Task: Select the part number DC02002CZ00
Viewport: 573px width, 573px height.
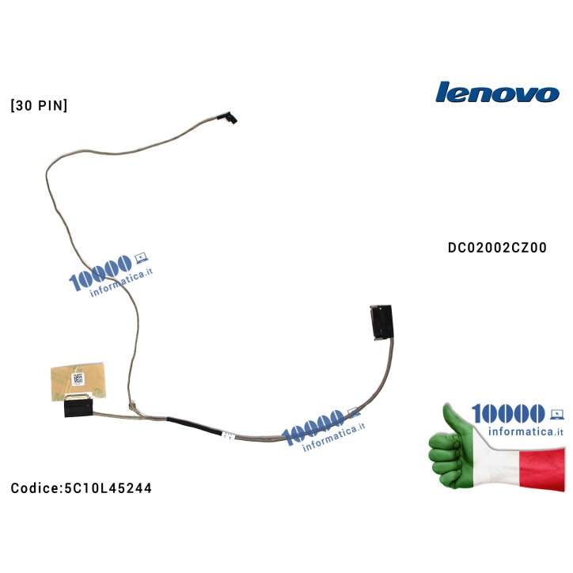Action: coord(496,248)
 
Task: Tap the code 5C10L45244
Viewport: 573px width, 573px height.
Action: coord(107,488)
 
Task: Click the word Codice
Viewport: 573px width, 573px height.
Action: coord(33,488)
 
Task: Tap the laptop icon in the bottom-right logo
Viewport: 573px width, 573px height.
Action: coord(556,413)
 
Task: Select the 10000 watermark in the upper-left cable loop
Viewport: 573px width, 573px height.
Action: coord(101,277)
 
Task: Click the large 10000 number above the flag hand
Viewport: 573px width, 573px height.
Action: coord(507,413)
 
